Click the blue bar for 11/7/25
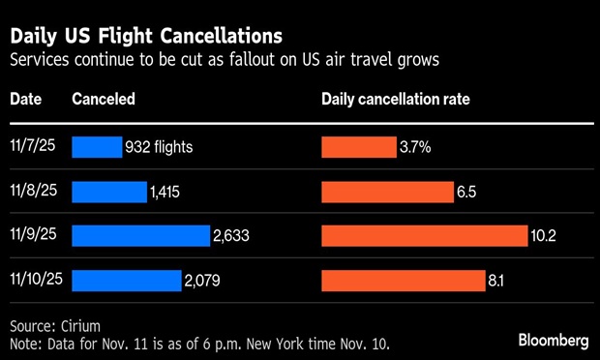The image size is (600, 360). click(97, 147)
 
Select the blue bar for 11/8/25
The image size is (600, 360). click(109, 192)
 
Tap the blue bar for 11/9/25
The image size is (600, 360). click(141, 236)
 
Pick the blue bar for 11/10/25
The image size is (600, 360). click(127, 281)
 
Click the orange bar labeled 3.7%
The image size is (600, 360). click(359, 147)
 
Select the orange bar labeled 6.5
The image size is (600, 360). click(388, 192)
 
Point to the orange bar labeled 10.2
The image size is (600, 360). click(425, 236)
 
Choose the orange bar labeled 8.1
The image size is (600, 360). click(404, 281)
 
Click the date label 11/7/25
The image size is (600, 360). click(33, 146)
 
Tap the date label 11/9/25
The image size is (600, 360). click(33, 234)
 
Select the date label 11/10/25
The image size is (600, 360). click(37, 279)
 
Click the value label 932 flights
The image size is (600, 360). click(159, 147)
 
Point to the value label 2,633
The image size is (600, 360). click(231, 236)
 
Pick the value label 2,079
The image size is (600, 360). click(202, 281)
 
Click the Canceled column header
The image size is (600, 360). click(104, 99)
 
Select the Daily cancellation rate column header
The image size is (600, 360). click(396, 100)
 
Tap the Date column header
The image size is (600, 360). click(25, 99)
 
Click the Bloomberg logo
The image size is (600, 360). click(554, 341)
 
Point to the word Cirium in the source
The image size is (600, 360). click(80, 326)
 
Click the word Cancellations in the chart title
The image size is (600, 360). click(222, 36)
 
